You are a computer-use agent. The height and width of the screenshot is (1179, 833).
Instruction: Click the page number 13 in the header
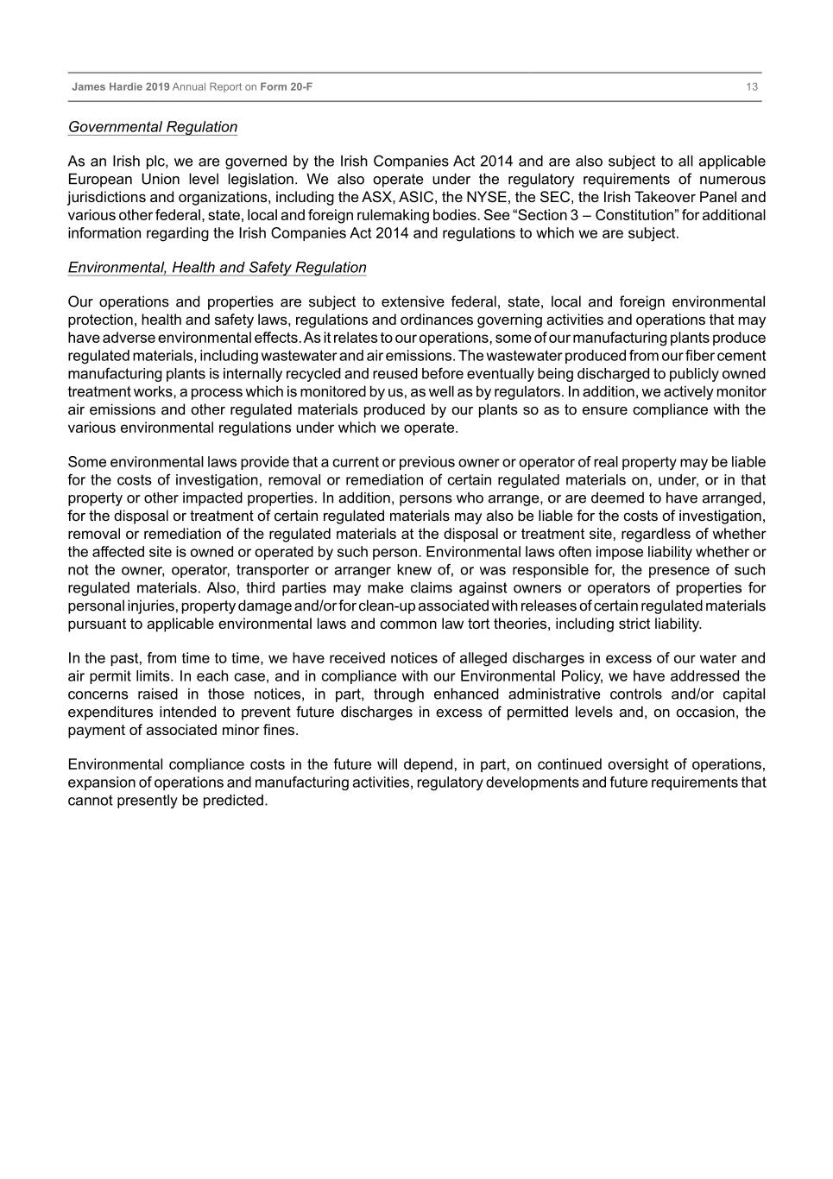[752, 87]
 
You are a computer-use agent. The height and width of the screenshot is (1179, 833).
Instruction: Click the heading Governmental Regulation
[153, 127]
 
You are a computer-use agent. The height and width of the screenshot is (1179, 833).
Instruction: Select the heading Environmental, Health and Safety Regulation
[217, 268]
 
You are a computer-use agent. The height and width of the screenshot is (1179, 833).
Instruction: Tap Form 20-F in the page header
[286, 87]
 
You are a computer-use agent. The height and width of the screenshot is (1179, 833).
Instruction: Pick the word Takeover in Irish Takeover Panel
[669, 197]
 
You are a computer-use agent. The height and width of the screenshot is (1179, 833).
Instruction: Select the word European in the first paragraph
[99, 179]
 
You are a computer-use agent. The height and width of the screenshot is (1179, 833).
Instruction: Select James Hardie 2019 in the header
[121, 87]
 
